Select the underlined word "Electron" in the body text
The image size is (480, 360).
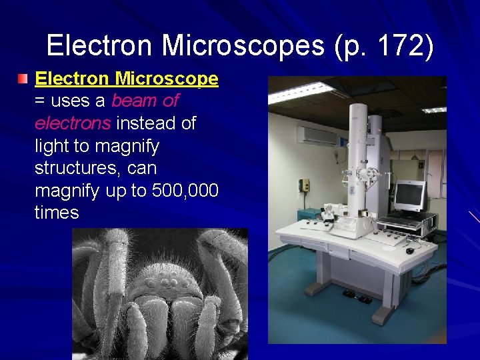(x=71, y=79)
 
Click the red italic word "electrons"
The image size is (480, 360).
(x=73, y=123)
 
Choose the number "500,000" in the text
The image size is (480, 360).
(x=185, y=191)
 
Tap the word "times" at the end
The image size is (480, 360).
(x=57, y=213)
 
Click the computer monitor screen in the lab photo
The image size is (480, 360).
(x=409, y=195)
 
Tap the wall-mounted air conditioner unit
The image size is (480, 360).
(x=317, y=135)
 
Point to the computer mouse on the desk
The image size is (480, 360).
(x=410, y=251)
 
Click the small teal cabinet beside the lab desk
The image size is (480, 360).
(x=308, y=217)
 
